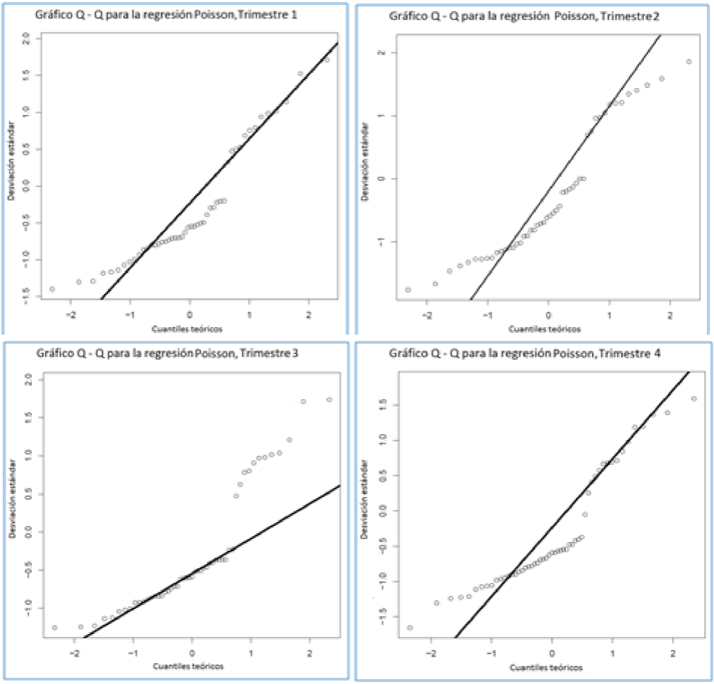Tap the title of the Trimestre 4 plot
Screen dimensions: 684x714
click(x=525, y=353)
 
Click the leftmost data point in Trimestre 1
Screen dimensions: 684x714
click(x=52, y=289)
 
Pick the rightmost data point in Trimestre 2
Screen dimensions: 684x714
click(x=689, y=62)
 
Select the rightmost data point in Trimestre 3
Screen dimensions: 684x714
click(x=329, y=399)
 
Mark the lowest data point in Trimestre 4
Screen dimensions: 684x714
click(x=409, y=627)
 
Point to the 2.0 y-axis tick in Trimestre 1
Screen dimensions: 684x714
click(x=26, y=37)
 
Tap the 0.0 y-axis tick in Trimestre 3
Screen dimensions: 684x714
click(x=26, y=531)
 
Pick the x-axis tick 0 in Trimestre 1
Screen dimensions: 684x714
click(x=189, y=314)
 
